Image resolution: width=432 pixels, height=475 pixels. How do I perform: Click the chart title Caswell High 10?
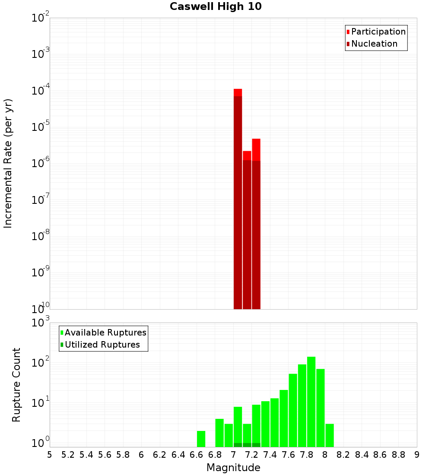216,6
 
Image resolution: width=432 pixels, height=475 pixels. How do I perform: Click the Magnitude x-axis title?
233,468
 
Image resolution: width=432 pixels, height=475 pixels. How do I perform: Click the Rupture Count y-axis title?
16,385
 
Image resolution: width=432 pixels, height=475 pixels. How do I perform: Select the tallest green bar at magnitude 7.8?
311,402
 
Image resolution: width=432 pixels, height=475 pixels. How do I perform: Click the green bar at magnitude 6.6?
201,439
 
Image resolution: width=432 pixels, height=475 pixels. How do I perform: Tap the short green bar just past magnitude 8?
330,435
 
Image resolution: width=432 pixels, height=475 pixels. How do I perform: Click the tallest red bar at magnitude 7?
238,199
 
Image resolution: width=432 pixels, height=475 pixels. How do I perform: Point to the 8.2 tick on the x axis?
343,454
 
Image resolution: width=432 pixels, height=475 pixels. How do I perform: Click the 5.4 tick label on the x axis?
86,454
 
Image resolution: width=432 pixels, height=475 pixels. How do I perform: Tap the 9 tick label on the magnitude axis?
416,454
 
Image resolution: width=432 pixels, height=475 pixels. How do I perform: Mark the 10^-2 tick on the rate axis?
41,18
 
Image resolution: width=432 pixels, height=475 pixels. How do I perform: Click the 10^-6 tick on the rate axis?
41,164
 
